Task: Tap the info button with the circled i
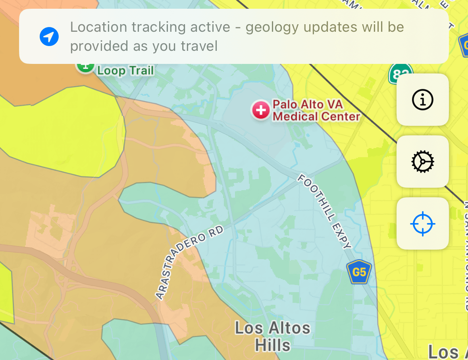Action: pos(423,100)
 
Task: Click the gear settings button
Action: pos(423,162)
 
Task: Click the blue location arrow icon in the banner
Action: pos(49,37)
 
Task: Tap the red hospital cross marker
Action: pos(261,110)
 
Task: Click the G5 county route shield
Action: pos(359,272)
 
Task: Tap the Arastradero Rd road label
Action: pos(189,262)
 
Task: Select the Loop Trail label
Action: pos(125,71)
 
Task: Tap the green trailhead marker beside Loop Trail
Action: pos(85,66)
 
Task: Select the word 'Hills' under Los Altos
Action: pos(273,345)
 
